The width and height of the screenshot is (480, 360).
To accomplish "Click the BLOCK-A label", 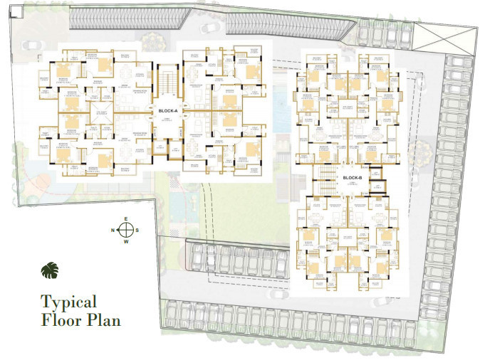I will (x=167, y=112).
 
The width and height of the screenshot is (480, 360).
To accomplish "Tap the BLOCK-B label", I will (x=353, y=178).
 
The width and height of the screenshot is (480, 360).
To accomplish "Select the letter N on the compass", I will (x=113, y=230).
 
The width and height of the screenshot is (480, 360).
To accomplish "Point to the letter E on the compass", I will (x=126, y=218).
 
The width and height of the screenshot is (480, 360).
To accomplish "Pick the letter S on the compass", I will (x=138, y=230).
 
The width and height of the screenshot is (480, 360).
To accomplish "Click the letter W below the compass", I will (x=126, y=242).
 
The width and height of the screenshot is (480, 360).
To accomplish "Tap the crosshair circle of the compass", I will (x=126, y=230).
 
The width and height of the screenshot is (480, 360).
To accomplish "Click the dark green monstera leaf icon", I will (x=49, y=271).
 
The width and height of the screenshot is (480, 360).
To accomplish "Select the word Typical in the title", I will (x=68, y=302).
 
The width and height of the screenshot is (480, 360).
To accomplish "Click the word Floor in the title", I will (x=61, y=319).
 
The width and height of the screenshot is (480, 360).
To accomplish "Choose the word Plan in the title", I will (x=103, y=319).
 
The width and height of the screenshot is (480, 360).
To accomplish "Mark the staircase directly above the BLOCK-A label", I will (x=167, y=81).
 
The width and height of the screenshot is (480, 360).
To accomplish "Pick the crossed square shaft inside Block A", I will (x=164, y=147).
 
